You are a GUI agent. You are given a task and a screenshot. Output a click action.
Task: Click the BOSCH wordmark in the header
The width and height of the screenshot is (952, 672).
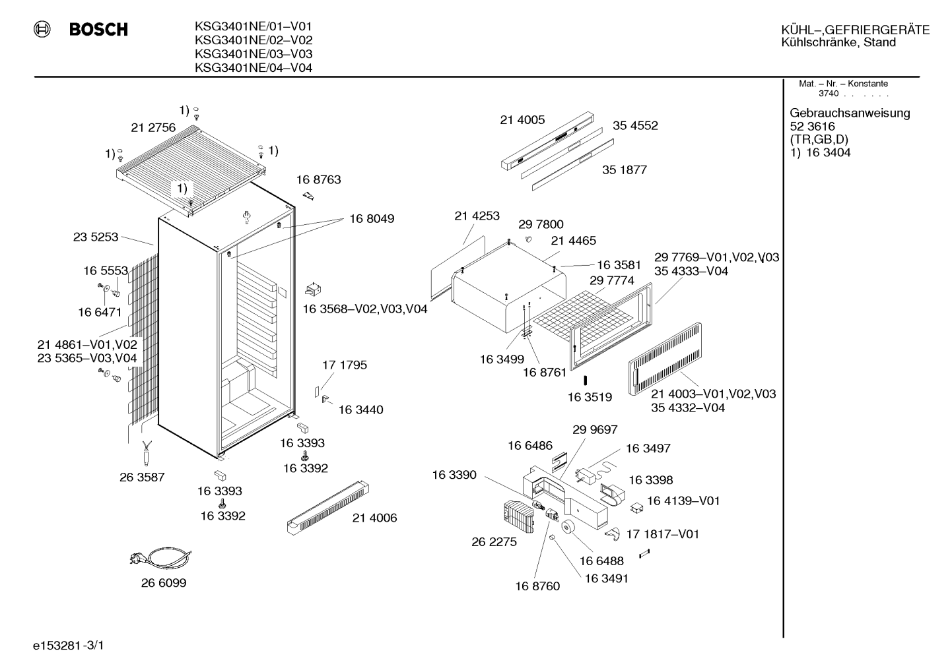click(x=98, y=29)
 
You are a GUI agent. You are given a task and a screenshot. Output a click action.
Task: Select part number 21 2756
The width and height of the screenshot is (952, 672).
click(x=153, y=127)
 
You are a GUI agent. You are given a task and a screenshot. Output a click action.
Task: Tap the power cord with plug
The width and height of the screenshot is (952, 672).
click(x=160, y=557)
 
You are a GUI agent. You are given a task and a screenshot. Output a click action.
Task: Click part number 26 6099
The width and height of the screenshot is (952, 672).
click(x=164, y=583)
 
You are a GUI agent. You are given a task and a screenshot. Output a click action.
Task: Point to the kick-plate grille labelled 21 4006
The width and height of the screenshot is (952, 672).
click(x=327, y=508)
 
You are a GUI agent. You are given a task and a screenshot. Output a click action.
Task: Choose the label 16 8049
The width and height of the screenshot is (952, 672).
click(x=372, y=219)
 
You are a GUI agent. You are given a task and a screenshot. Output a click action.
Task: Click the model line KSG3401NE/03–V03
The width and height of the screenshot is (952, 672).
click(x=254, y=54)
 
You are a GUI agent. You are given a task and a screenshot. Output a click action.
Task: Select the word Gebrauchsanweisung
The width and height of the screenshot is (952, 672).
click(x=850, y=113)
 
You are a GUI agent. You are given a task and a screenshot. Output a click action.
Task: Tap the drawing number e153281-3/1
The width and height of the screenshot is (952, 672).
click(x=69, y=646)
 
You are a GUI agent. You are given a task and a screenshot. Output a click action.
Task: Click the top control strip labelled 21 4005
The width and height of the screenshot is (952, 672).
click(x=547, y=141)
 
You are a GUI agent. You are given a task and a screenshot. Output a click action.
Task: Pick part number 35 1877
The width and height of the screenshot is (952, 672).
click(x=625, y=169)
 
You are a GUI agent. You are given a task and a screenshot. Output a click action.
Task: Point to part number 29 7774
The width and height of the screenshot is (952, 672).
click(x=611, y=280)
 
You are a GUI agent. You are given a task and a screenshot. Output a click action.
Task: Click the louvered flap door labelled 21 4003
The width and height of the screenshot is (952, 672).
click(x=665, y=359)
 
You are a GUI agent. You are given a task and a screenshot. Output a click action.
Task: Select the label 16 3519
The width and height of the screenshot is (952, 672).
click(x=590, y=398)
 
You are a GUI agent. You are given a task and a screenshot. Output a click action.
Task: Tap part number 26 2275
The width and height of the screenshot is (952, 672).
click(x=494, y=542)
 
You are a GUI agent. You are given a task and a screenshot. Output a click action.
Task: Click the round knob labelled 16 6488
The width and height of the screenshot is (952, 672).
click(x=568, y=527)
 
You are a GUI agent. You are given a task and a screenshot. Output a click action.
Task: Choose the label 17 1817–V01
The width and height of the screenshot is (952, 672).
click(x=663, y=534)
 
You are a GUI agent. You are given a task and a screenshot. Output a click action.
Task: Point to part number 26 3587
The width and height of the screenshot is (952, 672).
click(x=142, y=477)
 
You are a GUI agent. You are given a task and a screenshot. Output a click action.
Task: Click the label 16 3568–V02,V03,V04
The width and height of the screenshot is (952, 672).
click(x=365, y=309)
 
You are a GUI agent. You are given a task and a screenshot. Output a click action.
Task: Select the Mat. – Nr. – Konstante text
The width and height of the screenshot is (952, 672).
click(x=843, y=84)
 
